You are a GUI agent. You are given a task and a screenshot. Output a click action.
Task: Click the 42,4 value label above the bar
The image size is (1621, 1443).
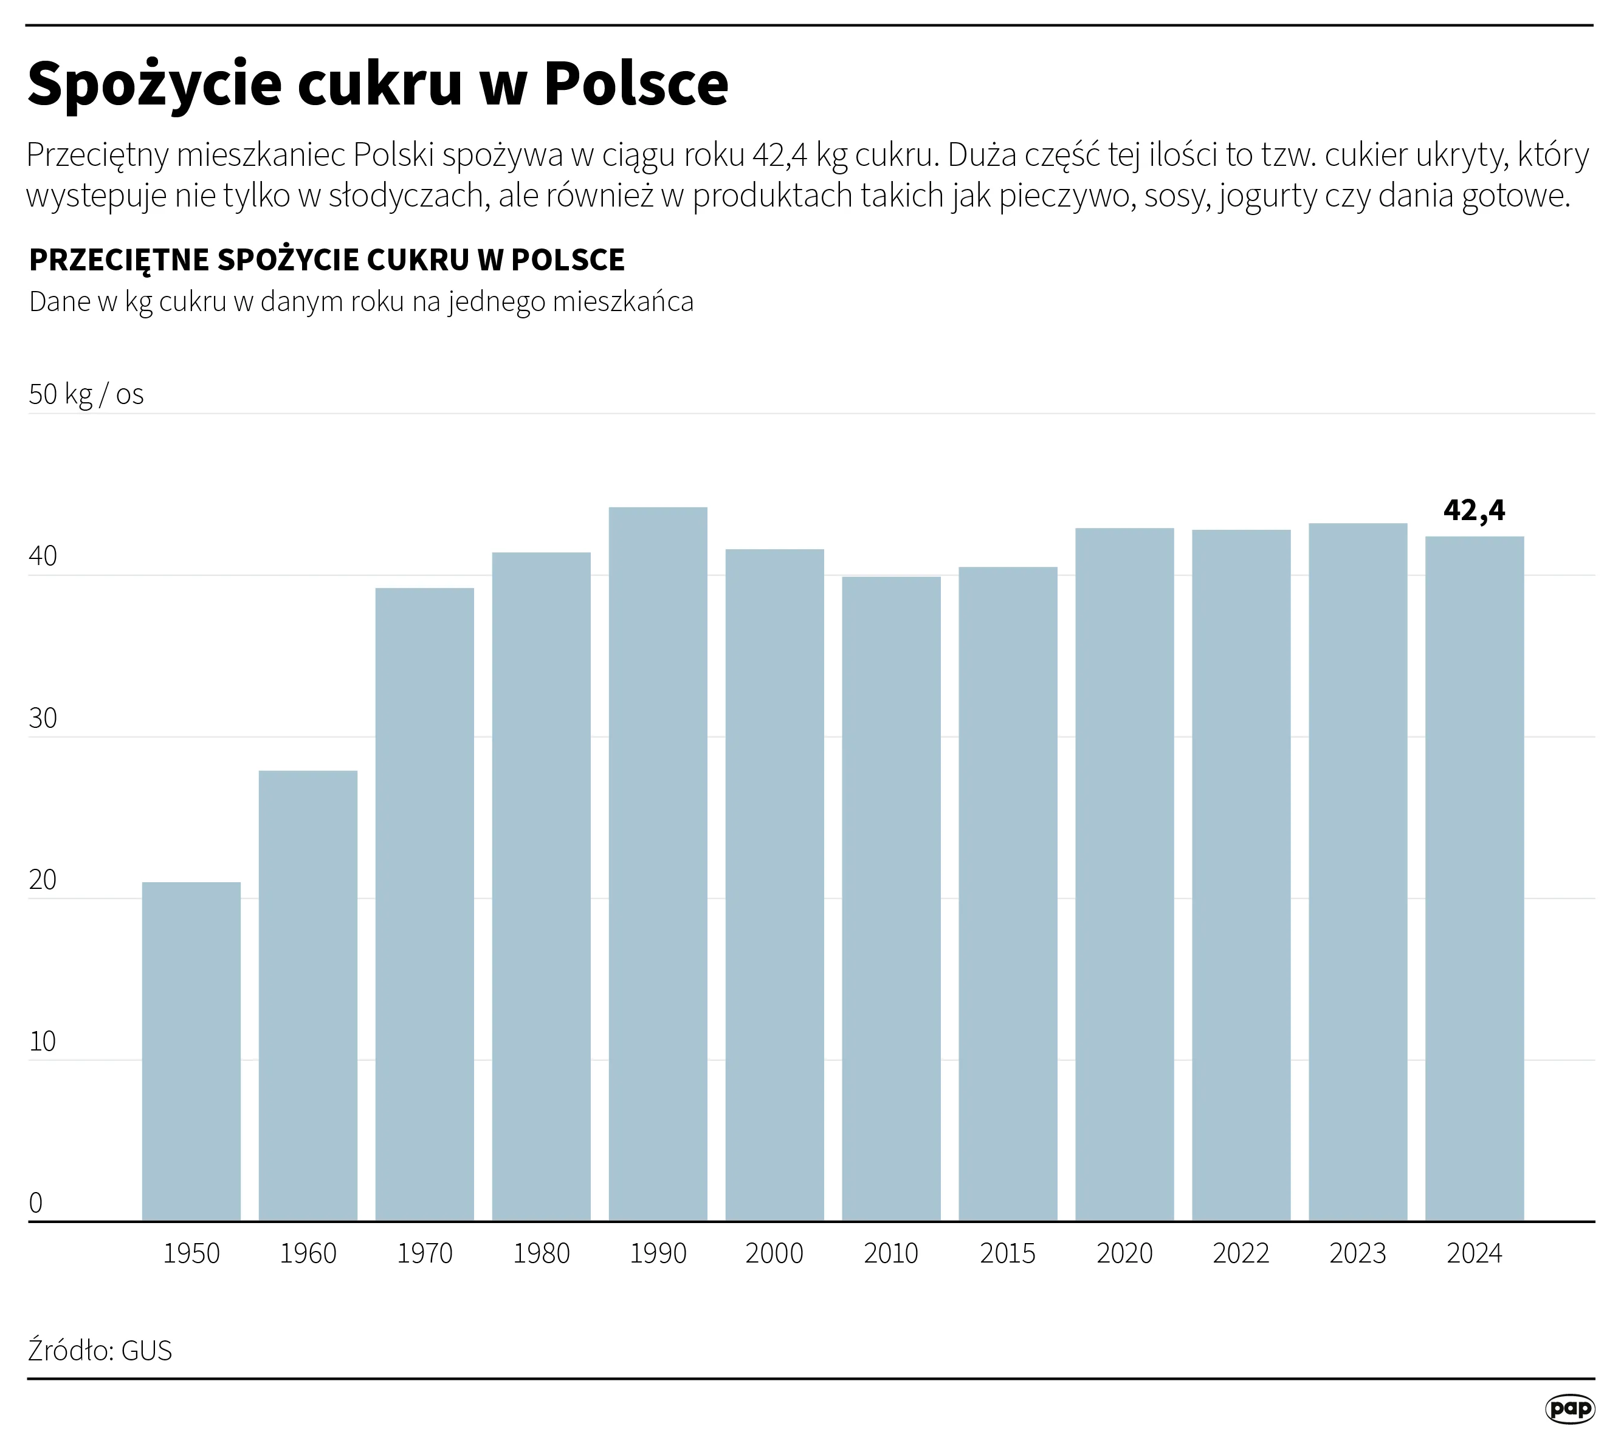[1473, 510]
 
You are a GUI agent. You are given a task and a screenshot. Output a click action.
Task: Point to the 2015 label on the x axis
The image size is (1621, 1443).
[1007, 1253]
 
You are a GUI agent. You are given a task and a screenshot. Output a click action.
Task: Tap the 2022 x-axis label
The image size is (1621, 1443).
[1241, 1253]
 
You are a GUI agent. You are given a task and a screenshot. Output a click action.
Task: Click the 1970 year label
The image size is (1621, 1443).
[424, 1253]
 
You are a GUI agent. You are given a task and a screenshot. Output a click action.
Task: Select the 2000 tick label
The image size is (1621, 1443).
[774, 1253]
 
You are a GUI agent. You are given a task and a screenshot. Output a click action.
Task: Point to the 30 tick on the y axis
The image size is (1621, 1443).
[43, 718]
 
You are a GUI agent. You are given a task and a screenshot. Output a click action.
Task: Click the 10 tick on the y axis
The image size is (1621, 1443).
[43, 1042]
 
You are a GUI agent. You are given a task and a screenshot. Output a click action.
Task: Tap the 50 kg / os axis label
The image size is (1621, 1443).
[86, 394]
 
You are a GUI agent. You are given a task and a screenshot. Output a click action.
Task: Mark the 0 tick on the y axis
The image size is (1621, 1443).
[36, 1203]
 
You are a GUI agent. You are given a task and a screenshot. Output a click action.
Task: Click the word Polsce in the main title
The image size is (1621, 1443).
[636, 83]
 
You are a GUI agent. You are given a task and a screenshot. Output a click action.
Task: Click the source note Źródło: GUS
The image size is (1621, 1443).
[100, 1350]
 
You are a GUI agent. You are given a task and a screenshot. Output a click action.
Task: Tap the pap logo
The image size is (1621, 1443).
[1569, 1408]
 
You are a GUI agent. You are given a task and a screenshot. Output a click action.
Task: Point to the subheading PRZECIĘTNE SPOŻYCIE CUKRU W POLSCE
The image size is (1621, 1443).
[327, 260]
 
